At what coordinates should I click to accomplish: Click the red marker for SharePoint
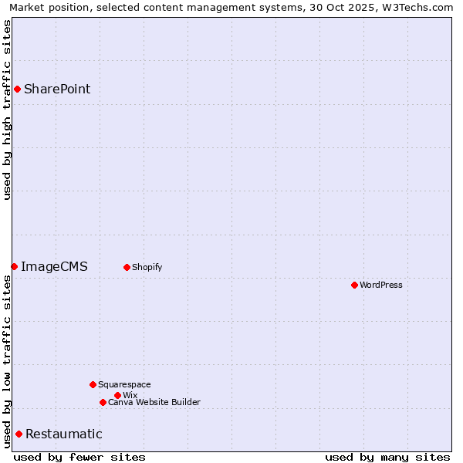tap(17, 89)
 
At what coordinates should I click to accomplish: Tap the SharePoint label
tap(57, 89)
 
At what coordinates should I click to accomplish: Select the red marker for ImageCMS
tap(14, 266)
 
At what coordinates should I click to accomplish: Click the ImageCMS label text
tap(54, 267)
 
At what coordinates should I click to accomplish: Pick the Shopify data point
tap(127, 267)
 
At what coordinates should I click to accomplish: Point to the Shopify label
tap(147, 267)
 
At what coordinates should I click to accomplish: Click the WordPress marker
tap(354, 285)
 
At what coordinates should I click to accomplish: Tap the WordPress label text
tap(381, 285)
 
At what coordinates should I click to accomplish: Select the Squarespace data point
tap(93, 384)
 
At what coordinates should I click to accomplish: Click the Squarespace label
tap(124, 384)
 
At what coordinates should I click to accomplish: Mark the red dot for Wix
tap(117, 395)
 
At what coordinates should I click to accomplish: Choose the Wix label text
tap(130, 395)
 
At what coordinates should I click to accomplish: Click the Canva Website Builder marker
tap(103, 402)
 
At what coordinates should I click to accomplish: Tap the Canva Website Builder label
tap(154, 402)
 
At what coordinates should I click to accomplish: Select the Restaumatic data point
tap(19, 434)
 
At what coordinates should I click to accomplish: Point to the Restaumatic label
tap(64, 434)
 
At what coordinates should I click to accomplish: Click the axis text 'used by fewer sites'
tap(79, 457)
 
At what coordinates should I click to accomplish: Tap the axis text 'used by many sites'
tap(387, 457)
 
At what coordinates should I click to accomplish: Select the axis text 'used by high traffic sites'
tap(7, 110)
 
